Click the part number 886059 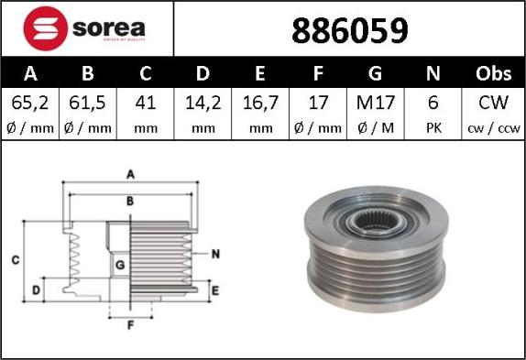pyautogui.click(x=350, y=31)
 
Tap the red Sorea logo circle pyautogui.click(x=46, y=28)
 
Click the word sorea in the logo pyautogui.click(x=109, y=28)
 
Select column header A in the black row pyautogui.click(x=30, y=73)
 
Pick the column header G pyautogui.click(x=375, y=73)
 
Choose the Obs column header pyautogui.click(x=493, y=73)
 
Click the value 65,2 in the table pyautogui.click(x=30, y=103)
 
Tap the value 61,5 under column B pyautogui.click(x=87, y=103)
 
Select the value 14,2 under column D pyautogui.click(x=203, y=103)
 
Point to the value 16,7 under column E pyautogui.click(x=260, y=103)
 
